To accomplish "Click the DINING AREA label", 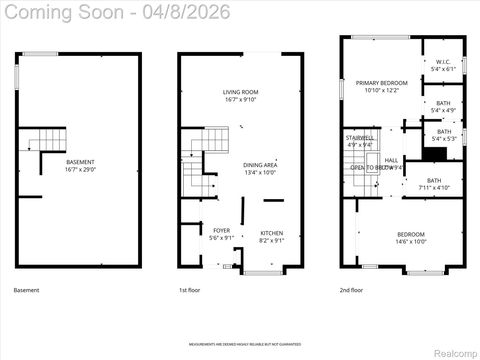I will pyautogui.click(x=260, y=167).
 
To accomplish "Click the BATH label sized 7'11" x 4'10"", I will pyautogui.click(x=434, y=183).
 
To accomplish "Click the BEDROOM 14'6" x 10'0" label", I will pyautogui.click(x=396, y=237).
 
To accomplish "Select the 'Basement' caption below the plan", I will pyautogui.click(x=27, y=290).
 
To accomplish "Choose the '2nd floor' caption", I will pyautogui.click(x=351, y=290).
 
